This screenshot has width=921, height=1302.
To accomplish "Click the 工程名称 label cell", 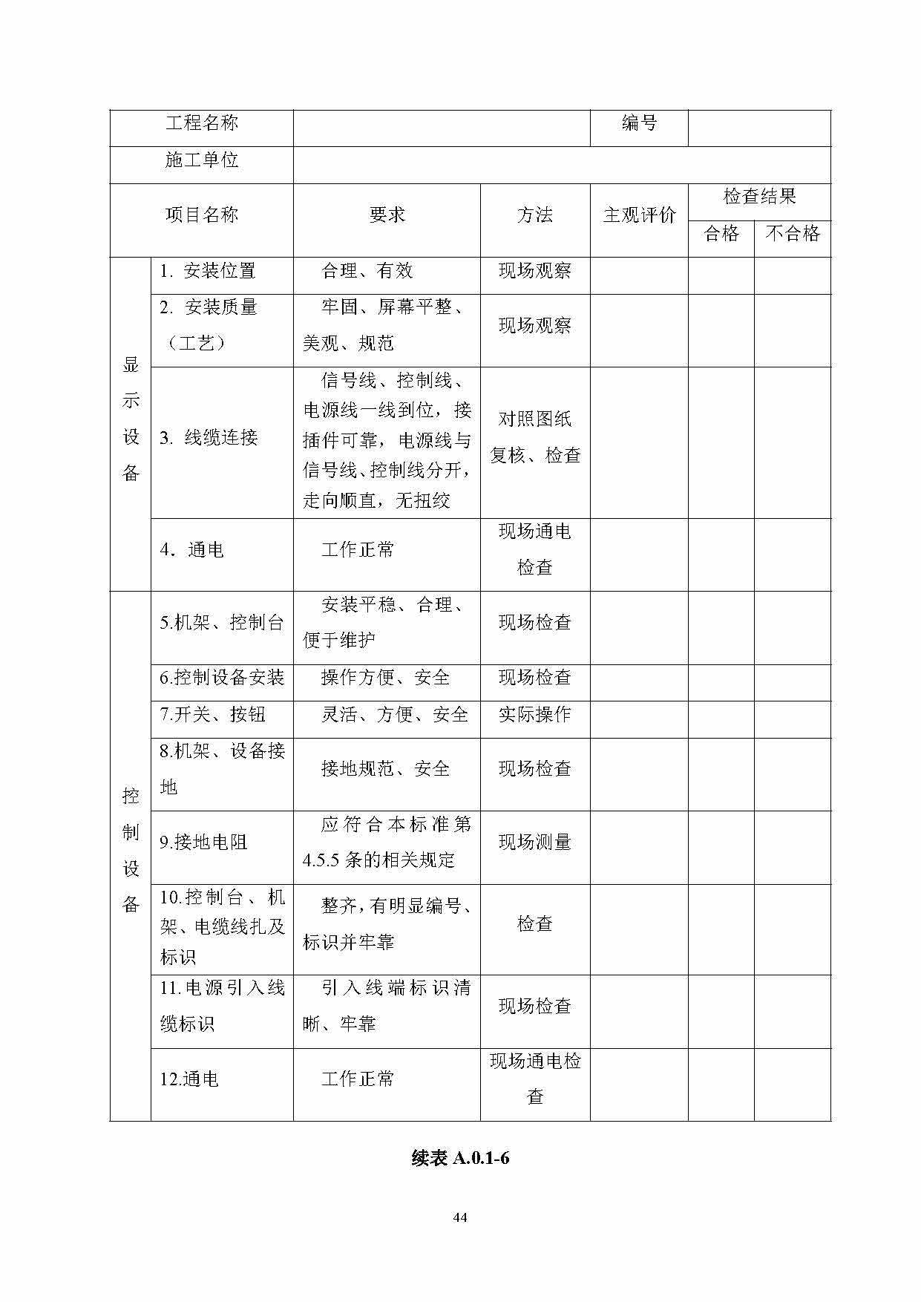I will (201, 123).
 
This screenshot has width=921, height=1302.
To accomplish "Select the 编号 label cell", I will (639, 123).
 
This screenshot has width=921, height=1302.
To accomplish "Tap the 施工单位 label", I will (201, 160).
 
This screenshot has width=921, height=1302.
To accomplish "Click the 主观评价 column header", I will (639, 215).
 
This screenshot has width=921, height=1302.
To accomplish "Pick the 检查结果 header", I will (759, 197).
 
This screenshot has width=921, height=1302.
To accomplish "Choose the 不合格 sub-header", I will (793, 234).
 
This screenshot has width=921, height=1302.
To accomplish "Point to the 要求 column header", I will (387, 215).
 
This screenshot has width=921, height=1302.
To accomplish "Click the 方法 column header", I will (535, 215).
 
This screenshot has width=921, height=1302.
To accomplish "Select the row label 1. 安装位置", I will (208, 271).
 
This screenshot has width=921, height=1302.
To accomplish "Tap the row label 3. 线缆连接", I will (209, 438).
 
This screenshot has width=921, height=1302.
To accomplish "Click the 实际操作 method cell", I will (535, 715).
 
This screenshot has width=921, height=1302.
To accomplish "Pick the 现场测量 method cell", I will (535, 843).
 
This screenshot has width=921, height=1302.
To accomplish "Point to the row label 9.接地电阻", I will (203, 843).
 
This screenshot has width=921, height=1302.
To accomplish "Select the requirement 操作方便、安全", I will (385, 678).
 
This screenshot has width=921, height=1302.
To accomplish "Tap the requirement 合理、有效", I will (367, 271).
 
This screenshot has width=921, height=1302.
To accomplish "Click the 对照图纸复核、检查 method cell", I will (535, 437).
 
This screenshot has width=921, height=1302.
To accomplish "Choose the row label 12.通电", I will (189, 1079).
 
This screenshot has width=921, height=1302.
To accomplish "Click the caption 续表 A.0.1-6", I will (460, 1158).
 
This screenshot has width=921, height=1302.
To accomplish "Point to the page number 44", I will (460, 1217).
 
